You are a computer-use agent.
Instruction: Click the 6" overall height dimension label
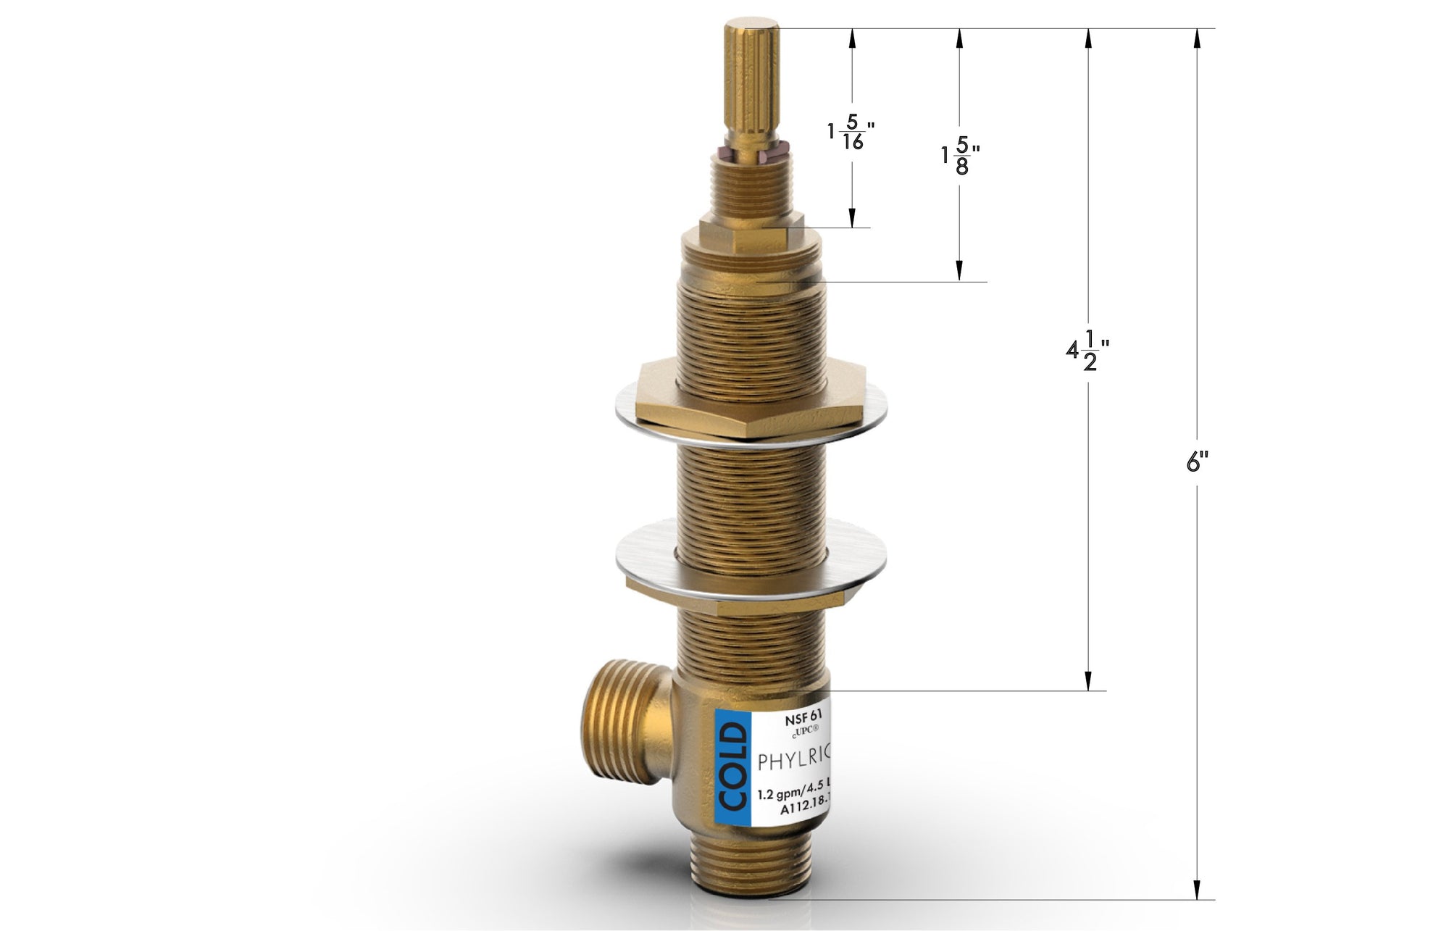coord(1197,462)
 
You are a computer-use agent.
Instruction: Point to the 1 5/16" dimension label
coord(851,134)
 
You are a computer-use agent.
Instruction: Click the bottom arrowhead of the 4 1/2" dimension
coord(1087,680)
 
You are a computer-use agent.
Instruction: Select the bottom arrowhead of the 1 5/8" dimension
coord(959,271)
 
